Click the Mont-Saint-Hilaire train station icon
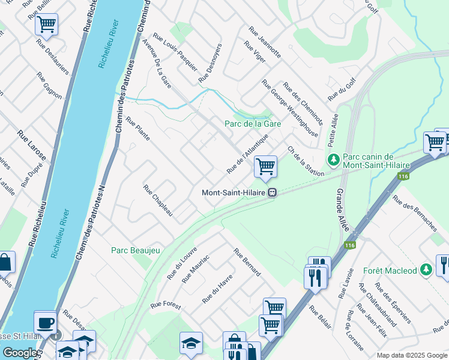pyautogui.click(x=272, y=193)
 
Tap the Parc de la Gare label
pyautogui.click(x=253, y=124)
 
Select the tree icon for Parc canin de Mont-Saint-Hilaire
pyautogui.click(x=333, y=160)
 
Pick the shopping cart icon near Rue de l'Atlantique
pyautogui.click(x=265, y=166)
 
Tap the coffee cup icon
pyautogui.click(x=46, y=322)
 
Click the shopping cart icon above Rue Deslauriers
pyautogui.click(x=46, y=25)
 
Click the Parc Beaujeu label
pyautogui.click(x=136, y=250)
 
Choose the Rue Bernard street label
pyautogui.click(x=247, y=262)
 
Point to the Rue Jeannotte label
pyautogui.click(x=264, y=42)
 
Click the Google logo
pyautogui.click(x=19, y=353)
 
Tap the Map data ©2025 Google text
pyautogui.click(x=411, y=355)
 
